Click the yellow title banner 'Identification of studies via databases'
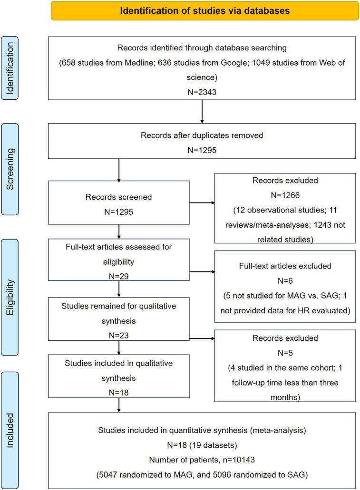(205, 10)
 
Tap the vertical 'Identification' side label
(10, 68)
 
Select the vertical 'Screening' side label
(10, 169)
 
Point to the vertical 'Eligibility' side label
(10, 297)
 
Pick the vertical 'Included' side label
(10, 430)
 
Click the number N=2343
(202, 92)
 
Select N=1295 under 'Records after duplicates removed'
(202, 150)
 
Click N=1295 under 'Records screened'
(119, 212)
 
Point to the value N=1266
(285, 195)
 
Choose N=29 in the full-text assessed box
(119, 276)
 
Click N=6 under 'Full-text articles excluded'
(285, 281)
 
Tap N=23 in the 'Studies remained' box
(119, 336)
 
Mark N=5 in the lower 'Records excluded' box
(285, 353)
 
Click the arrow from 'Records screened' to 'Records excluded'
(202, 203)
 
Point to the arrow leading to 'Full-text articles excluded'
(202, 272)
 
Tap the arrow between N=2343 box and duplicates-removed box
(202, 112)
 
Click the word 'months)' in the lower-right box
(285, 397)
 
